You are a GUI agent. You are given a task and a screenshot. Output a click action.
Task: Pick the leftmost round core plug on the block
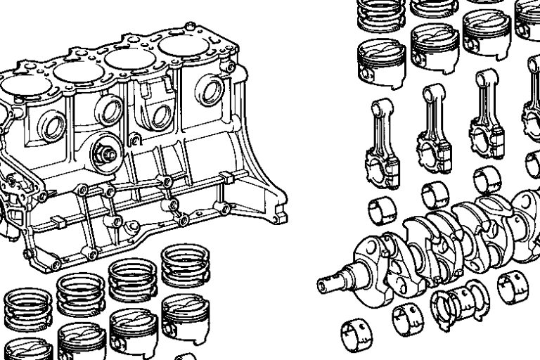[53, 127]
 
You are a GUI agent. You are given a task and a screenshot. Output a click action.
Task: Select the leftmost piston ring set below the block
[28, 309]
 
